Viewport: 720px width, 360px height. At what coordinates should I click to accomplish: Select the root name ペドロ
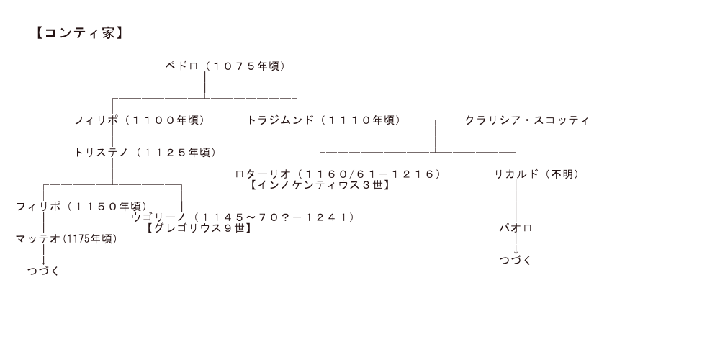click(x=181, y=66)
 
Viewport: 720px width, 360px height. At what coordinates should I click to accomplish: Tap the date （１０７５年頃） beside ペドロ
click(x=245, y=66)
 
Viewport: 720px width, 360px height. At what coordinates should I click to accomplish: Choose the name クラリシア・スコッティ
click(x=527, y=120)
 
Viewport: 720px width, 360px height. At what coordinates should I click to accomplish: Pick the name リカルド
click(x=514, y=174)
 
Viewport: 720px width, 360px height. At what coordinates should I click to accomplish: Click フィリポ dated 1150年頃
click(x=37, y=206)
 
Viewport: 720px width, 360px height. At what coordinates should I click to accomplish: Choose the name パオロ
click(x=516, y=228)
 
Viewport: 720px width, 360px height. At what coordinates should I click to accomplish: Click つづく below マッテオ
click(x=43, y=271)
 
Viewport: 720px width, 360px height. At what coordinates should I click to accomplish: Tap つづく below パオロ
click(x=516, y=260)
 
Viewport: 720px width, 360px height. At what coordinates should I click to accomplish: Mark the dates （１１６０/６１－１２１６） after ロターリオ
click(x=370, y=174)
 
